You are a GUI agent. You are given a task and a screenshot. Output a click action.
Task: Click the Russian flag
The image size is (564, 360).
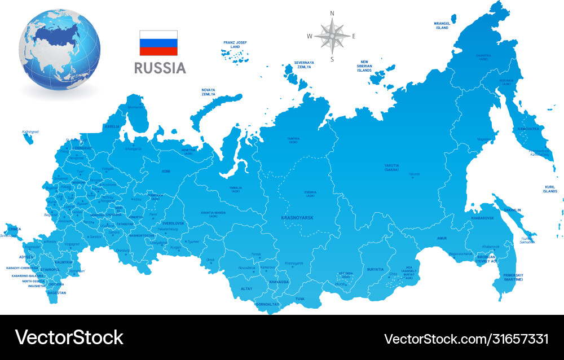(x=158, y=43)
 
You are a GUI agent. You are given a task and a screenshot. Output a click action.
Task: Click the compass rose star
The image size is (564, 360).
(x=332, y=36)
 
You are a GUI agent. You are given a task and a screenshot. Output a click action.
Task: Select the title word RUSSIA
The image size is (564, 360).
(x=160, y=68)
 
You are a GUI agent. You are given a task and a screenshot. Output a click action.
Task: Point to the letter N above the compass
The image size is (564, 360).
(x=332, y=13)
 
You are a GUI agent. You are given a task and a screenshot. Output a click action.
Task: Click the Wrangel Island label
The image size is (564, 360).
(x=442, y=25)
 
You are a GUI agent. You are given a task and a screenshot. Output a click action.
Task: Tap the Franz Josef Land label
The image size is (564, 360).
(x=235, y=45)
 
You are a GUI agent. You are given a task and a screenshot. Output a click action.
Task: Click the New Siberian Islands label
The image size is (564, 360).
(x=365, y=66)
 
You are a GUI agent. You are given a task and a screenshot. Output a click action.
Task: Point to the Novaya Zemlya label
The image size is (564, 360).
(x=210, y=91)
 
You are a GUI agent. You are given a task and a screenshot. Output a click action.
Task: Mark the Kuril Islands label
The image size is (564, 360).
(x=549, y=189)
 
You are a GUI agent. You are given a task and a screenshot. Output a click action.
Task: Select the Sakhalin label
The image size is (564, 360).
(x=512, y=210)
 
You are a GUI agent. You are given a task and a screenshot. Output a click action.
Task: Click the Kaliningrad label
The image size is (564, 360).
(x=30, y=131)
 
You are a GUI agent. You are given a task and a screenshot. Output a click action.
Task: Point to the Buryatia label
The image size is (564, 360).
(x=375, y=270)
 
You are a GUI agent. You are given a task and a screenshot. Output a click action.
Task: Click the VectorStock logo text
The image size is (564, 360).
(x=69, y=337)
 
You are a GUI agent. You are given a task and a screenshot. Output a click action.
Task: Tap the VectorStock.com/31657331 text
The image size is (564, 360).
(x=466, y=339)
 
